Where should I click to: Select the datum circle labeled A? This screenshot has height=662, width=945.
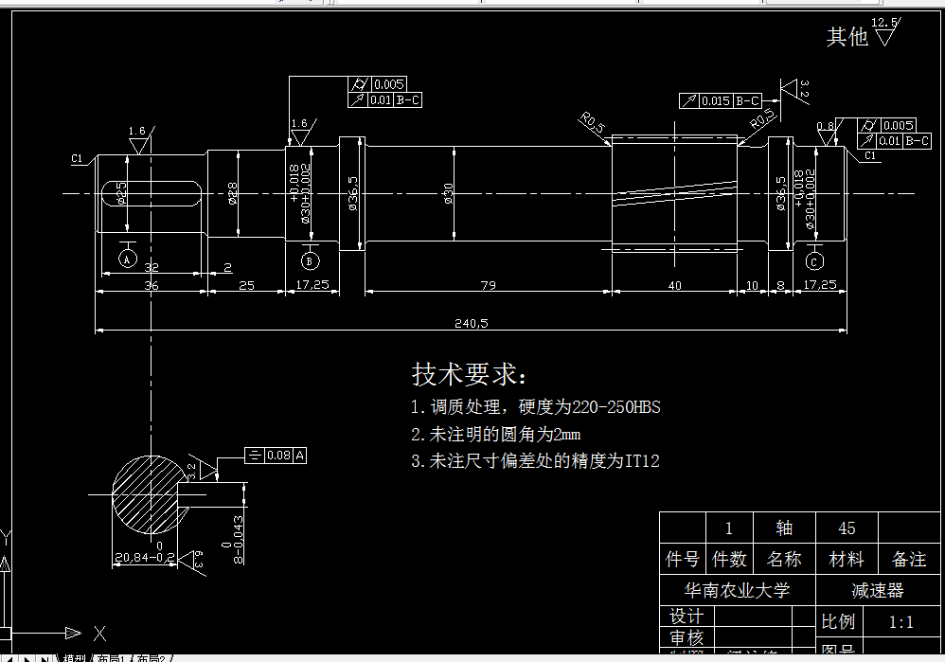pyautogui.click(x=128, y=257)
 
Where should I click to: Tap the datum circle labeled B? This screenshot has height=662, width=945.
pyautogui.click(x=310, y=260)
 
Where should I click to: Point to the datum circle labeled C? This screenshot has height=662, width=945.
pyautogui.click(x=814, y=260)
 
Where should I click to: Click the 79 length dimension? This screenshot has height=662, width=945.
pyautogui.click(x=489, y=285)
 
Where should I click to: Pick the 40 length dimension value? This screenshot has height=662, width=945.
pyautogui.click(x=674, y=285)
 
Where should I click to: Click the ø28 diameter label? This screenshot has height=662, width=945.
pyautogui.click(x=233, y=193)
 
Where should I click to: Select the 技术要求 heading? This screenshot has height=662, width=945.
pyautogui.click(x=469, y=374)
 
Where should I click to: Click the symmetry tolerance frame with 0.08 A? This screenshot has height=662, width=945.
pyautogui.click(x=276, y=456)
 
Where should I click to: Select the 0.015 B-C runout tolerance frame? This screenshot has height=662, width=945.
pyautogui.click(x=720, y=100)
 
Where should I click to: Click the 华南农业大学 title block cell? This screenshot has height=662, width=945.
pyautogui.click(x=738, y=590)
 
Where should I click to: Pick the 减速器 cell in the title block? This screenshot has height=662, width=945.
pyautogui.click(x=877, y=590)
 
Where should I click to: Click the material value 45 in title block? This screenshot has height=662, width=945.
pyautogui.click(x=847, y=528)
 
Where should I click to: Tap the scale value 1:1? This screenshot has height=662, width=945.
pyautogui.click(x=900, y=622)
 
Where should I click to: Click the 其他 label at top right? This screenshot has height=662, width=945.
pyautogui.click(x=847, y=37)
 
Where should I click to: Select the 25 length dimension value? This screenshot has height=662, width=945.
pyautogui.click(x=246, y=285)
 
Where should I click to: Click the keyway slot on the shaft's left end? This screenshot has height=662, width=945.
pyautogui.click(x=151, y=193)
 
